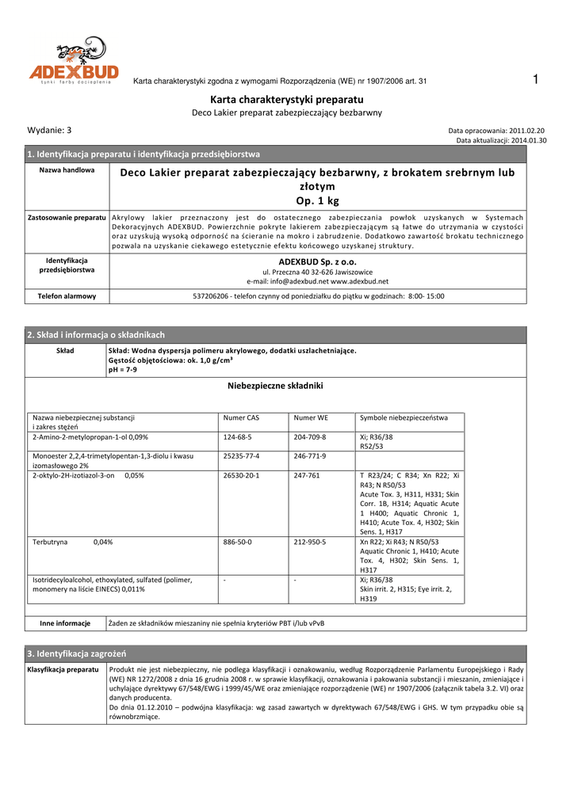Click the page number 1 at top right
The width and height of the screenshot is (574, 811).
click(x=537, y=78)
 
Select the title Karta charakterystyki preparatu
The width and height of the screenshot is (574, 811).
click(x=286, y=99)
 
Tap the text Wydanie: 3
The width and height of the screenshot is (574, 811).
click(x=49, y=130)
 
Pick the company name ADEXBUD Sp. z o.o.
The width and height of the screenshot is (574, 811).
click(x=317, y=261)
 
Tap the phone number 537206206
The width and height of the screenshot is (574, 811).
click(x=211, y=296)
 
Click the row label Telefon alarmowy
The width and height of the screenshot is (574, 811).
click(x=67, y=296)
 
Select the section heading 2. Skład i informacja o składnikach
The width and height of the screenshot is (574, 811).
click(x=96, y=335)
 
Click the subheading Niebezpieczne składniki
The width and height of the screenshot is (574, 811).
click(x=275, y=386)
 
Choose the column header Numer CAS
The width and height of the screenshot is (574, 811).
click(x=241, y=417)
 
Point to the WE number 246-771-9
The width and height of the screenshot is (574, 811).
click(x=310, y=456)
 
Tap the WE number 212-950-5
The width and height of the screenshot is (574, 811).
click(x=310, y=543)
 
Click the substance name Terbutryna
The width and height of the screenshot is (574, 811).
click(x=49, y=543)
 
